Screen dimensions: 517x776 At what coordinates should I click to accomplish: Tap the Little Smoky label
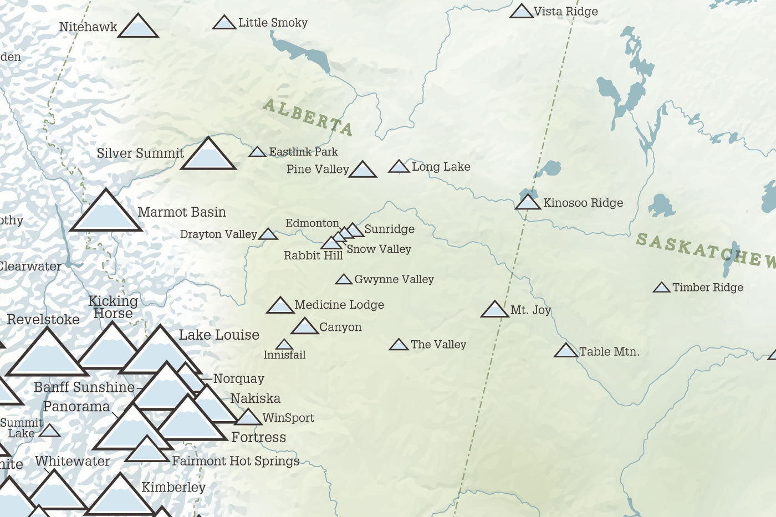[x=273, y=23]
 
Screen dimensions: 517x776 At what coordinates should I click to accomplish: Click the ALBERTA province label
[x=308, y=117]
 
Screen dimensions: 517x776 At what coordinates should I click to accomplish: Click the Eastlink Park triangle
[x=257, y=152]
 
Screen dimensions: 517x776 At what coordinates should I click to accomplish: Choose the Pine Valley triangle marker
[x=363, y=170]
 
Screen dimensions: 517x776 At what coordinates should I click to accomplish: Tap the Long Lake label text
[x=441, y=167]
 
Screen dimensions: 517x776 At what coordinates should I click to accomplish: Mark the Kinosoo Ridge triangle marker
[x=528, y=203]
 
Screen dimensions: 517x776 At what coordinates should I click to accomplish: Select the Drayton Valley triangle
[x=268, y=234]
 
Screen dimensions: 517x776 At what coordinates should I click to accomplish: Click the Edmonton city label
[x=312, y=223]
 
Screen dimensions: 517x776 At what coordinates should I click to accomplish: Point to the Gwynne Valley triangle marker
[x=344, y=280]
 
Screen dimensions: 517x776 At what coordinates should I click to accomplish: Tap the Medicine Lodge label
[x=339, y=305]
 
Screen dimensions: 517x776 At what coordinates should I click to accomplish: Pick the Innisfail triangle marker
[x=284, y=345]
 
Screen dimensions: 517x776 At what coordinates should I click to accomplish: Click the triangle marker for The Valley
[x=399, y=345]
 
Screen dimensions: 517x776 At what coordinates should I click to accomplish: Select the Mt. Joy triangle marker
[x=494, y=310]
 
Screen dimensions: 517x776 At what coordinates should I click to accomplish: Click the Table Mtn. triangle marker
[x=566, y=351]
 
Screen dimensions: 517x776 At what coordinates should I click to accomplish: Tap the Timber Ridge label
[x=707, y=288]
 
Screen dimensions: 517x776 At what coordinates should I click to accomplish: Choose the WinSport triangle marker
[x=248, y=418]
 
